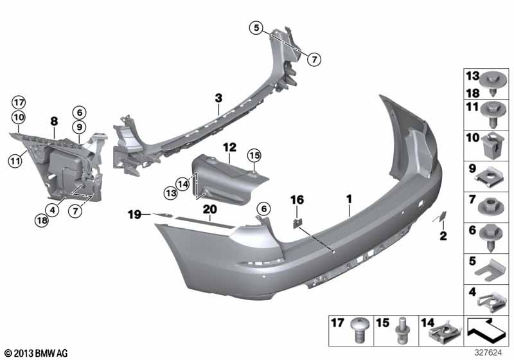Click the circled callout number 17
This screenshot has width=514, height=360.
point(19,103)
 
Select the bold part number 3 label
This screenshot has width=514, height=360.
point(218,98)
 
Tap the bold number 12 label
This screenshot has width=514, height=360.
point(229,148)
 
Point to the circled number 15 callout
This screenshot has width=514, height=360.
point(254,155)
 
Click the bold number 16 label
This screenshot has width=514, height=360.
point(297,200)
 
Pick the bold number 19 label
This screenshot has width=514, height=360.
point(134,215)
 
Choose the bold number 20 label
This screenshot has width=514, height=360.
point(210,209)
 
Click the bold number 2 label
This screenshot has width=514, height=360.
point(443,235)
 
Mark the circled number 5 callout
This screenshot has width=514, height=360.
point(256,28)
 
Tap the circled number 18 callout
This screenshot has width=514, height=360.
point(42,221)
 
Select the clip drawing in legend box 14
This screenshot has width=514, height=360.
point(445,332)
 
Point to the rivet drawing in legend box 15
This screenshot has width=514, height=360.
point(403,330)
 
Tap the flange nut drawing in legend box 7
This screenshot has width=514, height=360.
point(490,206)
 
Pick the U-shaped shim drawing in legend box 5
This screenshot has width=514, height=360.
point(489,270)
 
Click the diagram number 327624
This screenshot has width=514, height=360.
point(488,352)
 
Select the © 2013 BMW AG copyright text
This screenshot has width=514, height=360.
point(36,353)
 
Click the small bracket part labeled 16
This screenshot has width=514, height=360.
point(297,224)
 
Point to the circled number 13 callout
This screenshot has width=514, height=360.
point(171,193)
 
